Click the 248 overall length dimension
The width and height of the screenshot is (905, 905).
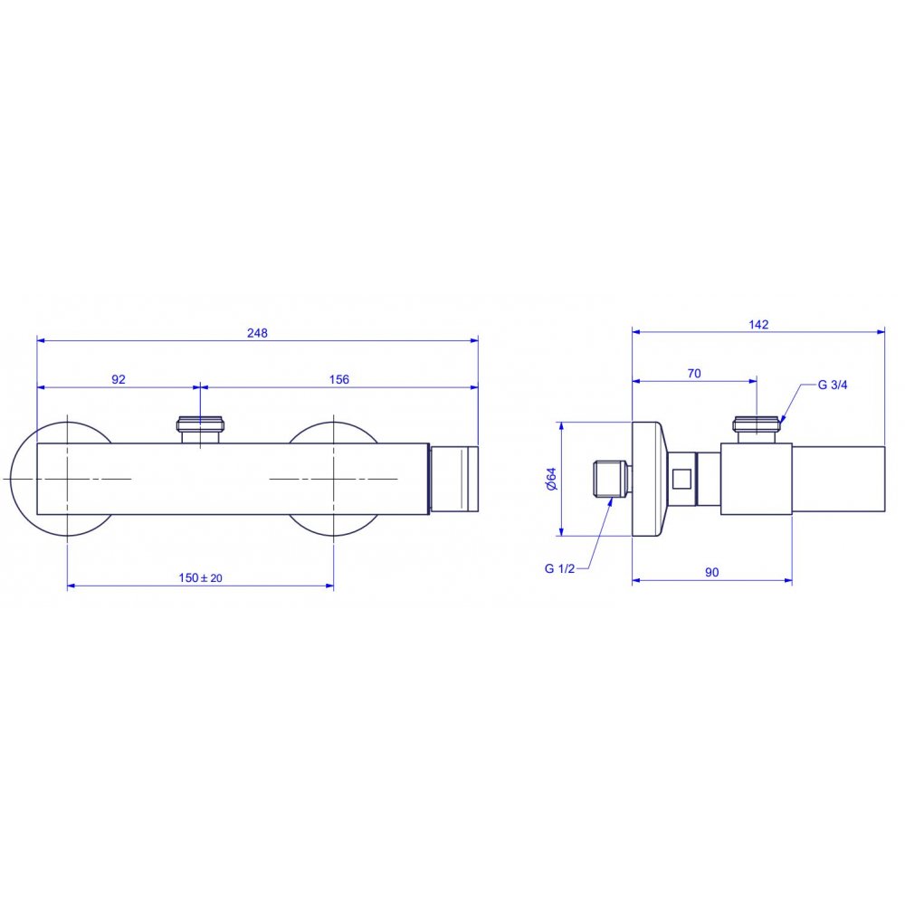coord(257,333)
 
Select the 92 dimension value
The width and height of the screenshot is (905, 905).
coord(119,379)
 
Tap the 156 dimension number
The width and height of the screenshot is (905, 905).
coord(338,379)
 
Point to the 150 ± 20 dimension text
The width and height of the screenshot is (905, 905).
coord(200,577)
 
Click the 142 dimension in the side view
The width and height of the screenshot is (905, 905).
coord(758,324)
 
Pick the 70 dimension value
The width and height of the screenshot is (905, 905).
coord(694,374)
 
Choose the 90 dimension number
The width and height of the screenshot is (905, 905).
coord(711,572)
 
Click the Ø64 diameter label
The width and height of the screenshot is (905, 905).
coord(551,479)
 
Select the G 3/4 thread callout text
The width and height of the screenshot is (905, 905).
coord(833,385)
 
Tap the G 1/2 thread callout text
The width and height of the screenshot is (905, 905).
coord(559,568)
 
